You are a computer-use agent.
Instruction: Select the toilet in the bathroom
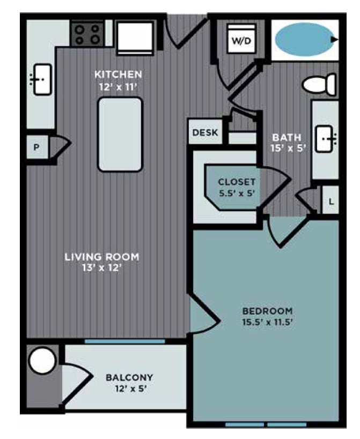pos(319,84)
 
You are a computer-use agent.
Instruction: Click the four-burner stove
pos(87,34)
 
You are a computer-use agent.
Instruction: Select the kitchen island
pos(120,134)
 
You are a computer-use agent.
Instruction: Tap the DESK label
pos(205,132)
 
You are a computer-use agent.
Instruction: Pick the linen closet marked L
pos(331,202)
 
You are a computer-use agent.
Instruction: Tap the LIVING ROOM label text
pos(101,257)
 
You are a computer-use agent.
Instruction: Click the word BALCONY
pos(129,377)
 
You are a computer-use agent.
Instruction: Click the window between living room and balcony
pos(124,341)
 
